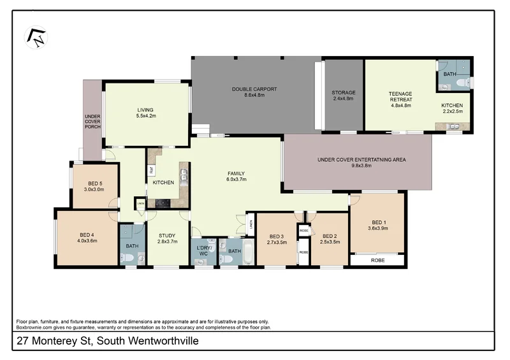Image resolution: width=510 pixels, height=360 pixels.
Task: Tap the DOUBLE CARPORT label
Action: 254,89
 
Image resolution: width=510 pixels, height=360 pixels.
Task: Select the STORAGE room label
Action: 344,93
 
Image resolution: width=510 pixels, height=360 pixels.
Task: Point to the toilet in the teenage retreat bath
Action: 466,82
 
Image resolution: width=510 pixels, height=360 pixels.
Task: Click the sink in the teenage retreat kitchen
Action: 454,126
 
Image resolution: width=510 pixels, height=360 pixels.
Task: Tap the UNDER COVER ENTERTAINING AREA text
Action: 361,160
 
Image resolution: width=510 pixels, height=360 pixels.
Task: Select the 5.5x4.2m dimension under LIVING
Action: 146,117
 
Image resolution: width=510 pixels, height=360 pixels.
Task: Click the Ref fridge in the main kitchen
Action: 151,170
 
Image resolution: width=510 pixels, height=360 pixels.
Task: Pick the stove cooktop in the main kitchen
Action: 162,204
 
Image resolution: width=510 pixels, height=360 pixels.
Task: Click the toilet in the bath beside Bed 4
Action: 127,257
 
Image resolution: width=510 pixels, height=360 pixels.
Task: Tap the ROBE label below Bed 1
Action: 377,260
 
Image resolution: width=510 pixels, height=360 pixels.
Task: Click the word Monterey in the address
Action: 64,342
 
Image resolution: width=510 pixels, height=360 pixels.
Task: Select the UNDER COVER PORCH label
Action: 92,122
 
